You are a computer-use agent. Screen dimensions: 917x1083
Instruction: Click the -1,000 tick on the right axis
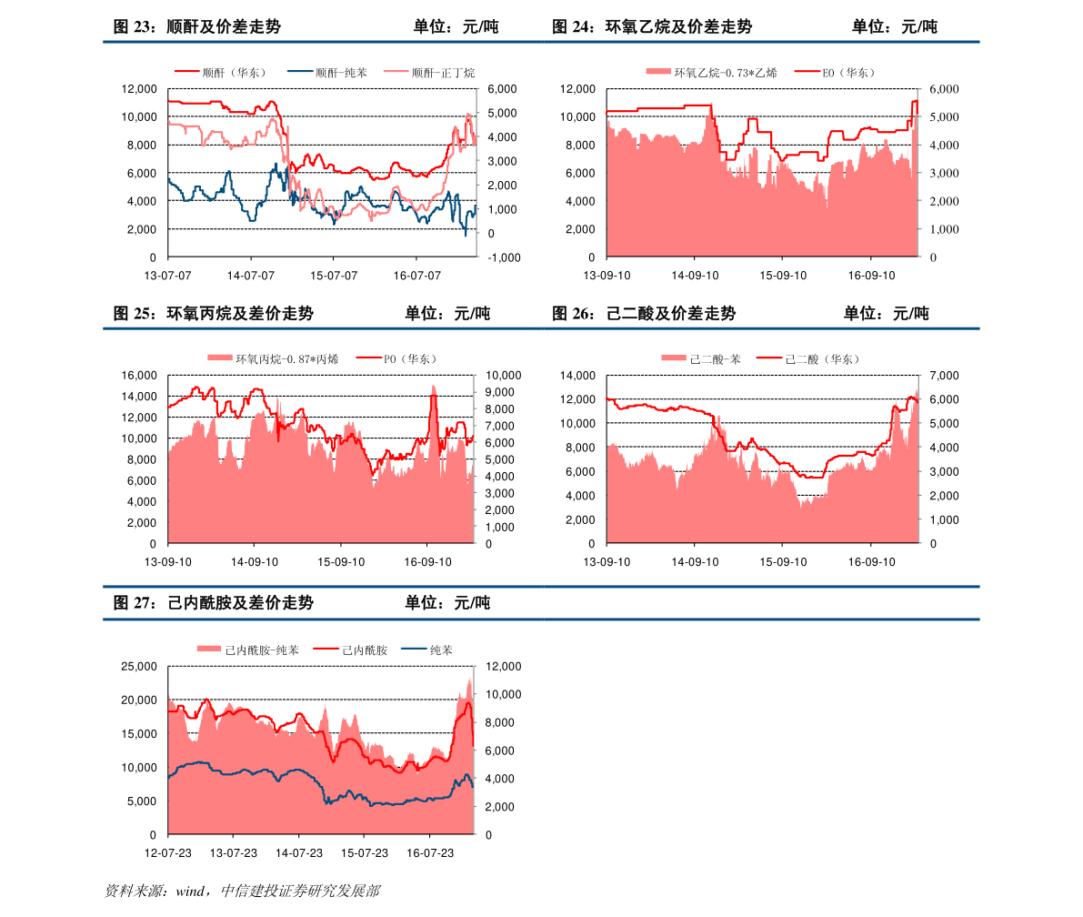click(x=503, y=257)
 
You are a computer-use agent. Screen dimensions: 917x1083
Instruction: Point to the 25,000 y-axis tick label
click(x=140, y=667)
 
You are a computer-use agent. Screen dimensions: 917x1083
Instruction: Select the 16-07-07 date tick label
click(x=416, y=275)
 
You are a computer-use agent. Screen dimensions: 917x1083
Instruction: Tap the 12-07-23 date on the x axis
click(x=167, y=853)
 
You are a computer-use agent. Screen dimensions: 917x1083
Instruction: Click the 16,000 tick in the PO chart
click(x=140, y=376)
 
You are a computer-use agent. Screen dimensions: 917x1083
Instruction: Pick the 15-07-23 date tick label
click(x=364, y=853)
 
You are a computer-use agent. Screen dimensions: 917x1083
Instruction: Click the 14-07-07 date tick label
click(x=250, y=275)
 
